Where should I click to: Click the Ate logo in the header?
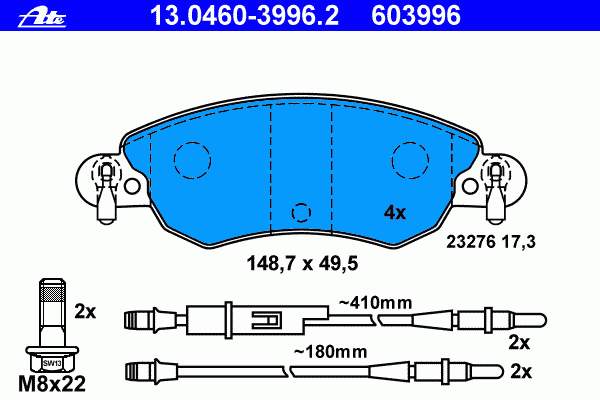[x=42, y=18]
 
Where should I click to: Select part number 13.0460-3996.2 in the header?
[x=244, y=16]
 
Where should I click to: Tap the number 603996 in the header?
[x=416, y=16]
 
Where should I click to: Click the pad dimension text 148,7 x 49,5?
[x=302, y=263]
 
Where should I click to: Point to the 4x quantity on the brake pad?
[x=395, y=212]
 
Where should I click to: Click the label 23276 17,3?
[x=491, y=242]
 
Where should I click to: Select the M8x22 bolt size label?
[x=52, y=384]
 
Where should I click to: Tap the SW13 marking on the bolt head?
[x=52, y=363]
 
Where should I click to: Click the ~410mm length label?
[x=375, y=303]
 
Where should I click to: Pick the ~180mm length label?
[x=330, y=352]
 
